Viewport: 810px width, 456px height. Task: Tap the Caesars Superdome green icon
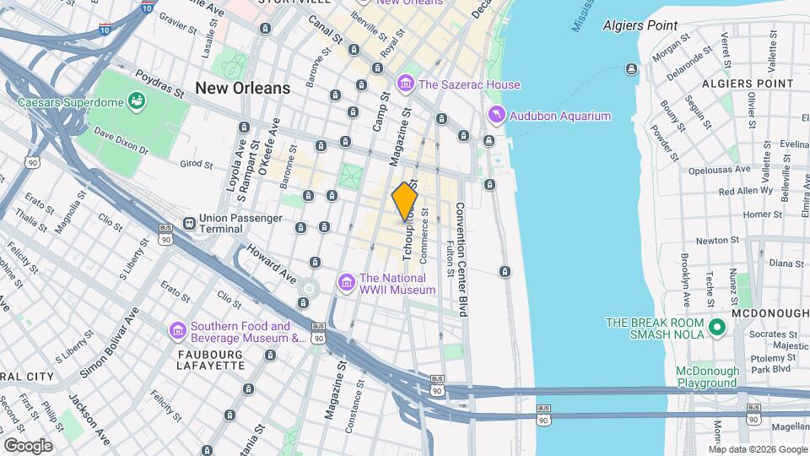pos(135,103)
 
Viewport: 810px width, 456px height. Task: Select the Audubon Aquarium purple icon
pos(496,116)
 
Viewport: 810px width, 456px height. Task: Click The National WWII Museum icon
pos(346,281)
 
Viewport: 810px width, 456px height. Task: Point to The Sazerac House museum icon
pos(406,84)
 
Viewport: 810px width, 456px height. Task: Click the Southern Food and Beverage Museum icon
pos(177,330)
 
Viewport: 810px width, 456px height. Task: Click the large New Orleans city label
pos(242,88)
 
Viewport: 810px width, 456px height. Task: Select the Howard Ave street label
pos(271,264)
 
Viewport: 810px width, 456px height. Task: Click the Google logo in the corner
pos(28,445)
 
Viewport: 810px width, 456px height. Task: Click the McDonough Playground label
pos(707,377)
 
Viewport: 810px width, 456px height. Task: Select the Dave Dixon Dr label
pos(121,141)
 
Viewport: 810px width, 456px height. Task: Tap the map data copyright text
pos(758,449)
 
